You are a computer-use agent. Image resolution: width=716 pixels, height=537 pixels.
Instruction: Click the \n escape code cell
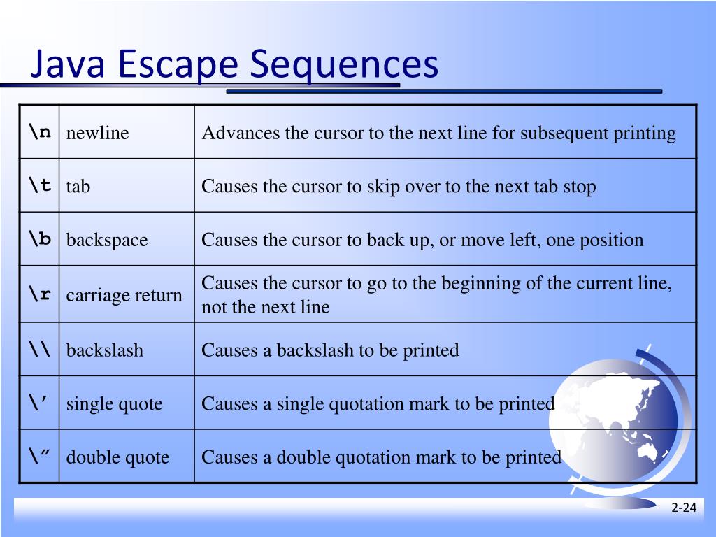40,132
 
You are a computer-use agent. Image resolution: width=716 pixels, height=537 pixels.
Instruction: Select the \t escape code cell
40,185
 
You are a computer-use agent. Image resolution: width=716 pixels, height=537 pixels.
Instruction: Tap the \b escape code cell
40,239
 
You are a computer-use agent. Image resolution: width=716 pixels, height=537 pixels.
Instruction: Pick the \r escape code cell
40,294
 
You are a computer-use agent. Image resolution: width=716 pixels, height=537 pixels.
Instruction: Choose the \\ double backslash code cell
40,349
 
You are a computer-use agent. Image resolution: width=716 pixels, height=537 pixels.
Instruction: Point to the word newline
98,133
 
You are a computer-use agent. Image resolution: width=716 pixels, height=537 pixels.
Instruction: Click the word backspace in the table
107,240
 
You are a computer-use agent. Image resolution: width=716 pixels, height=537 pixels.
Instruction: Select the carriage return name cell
124,295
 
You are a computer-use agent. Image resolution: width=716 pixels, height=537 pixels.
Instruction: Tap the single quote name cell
115,403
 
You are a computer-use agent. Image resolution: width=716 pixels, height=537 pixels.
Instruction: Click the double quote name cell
117,457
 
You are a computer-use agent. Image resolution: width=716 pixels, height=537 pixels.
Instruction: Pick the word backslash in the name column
105,350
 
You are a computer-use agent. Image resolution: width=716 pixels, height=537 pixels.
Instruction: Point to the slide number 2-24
684,508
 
